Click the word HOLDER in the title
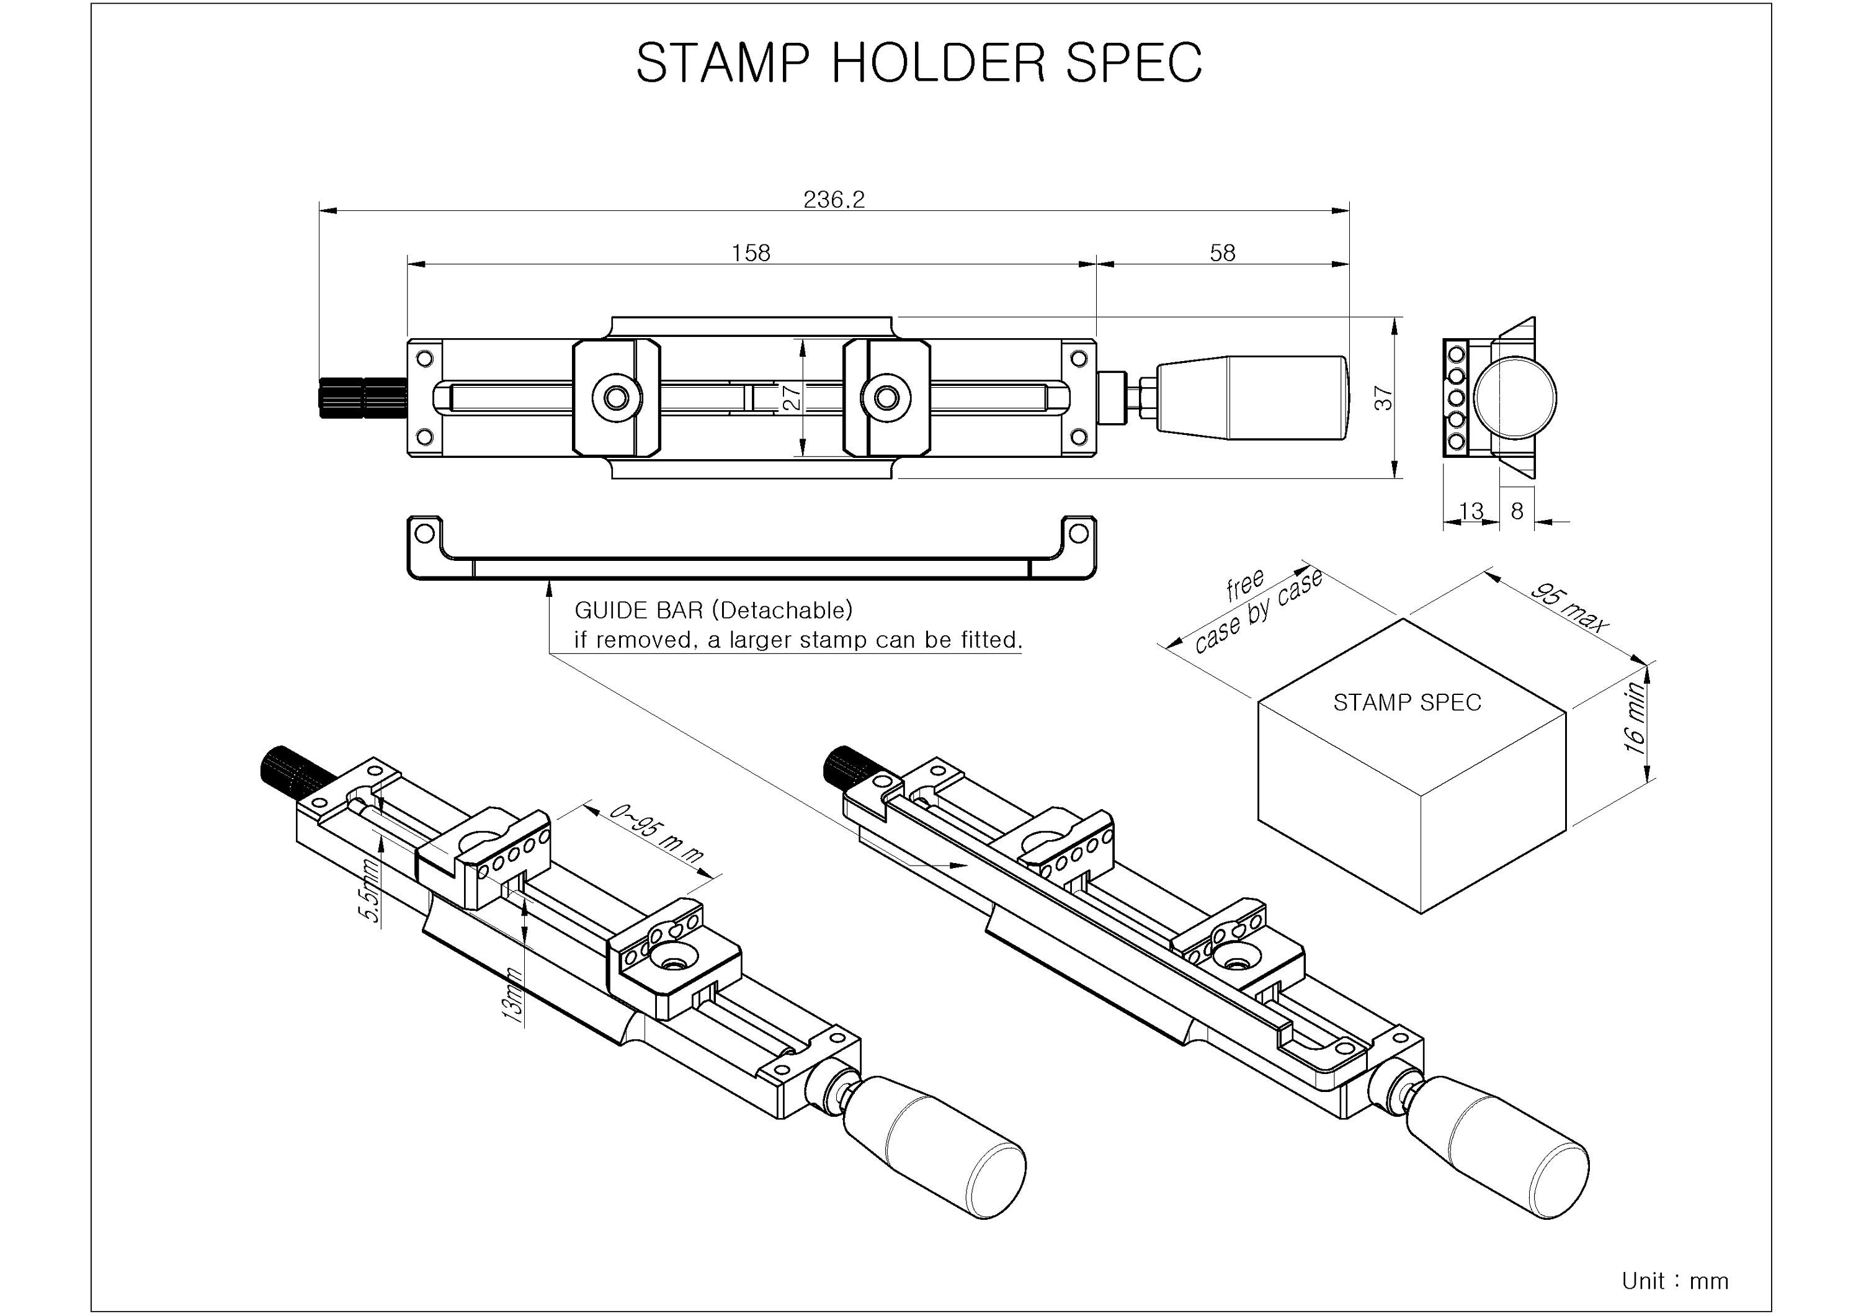(x=939, y=63)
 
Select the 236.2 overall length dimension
(x=834, y=199)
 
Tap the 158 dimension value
(x=751, y=253)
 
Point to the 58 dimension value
(x=1222, y=253)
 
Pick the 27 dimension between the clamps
(x=793, y=396)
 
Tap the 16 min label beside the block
(x=1636, y=718)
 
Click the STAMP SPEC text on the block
(x=1407, y=702)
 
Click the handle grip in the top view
(x=1252, y=397)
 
